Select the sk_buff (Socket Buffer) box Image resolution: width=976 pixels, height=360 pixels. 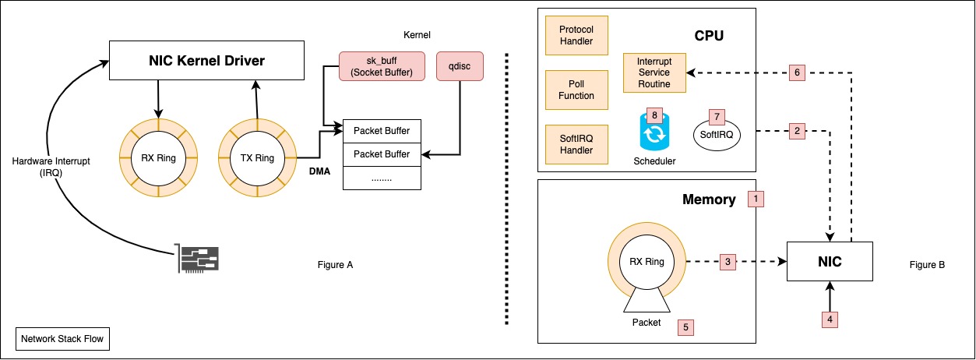click(382, 66)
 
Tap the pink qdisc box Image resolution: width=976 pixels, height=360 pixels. click(460, 66)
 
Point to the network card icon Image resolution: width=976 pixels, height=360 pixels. click(199, 258)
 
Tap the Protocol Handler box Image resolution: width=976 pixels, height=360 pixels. click(576, 35)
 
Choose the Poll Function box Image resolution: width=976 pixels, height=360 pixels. click(576, 90)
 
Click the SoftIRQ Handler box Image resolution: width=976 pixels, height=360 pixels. click(576, 144)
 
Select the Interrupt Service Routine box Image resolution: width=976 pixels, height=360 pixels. click(654, 72)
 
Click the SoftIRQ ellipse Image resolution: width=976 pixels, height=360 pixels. click(717, 135)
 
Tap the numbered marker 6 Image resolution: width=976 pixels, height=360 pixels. click(796, 72)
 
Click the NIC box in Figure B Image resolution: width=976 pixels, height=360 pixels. click(830, 263)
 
